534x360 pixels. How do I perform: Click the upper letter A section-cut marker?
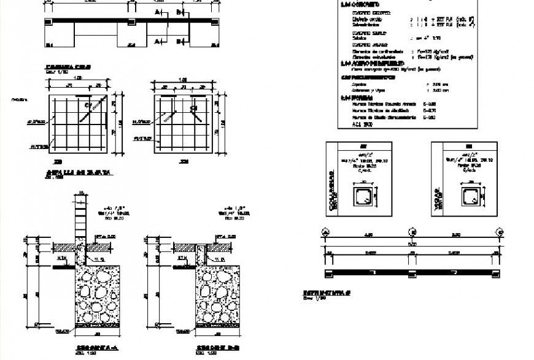(x=158, y=12)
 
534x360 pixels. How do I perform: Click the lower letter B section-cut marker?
(x=179, y=41)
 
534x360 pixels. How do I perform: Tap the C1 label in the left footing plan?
(x=88, y=106)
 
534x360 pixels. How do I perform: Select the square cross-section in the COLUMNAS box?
(x=362, y=196)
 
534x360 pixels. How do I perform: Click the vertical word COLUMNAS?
(x=334, y=196)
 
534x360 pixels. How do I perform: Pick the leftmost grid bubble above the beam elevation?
(x=325, y=232)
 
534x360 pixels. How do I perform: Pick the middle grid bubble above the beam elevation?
(x=412, y=232)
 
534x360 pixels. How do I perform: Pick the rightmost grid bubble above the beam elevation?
(x=500, y=232)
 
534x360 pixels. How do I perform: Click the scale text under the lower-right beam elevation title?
(x=312, y=299)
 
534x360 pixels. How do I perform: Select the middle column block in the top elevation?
(x=131, y=22)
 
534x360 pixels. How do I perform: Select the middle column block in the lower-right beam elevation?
(x=412, y=271)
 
